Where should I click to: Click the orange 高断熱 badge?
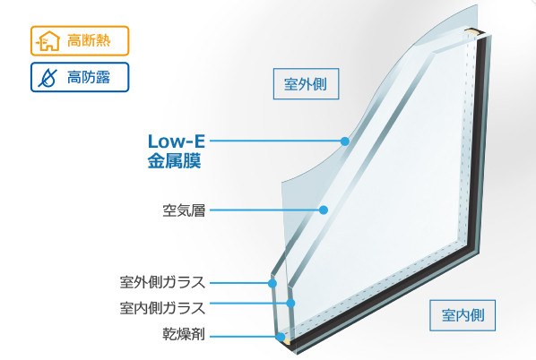(x=80, y=40)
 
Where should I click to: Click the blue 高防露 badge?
(x=80, y=77)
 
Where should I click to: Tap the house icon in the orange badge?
(x=48, y=41)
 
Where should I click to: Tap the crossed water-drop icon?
(x=48, y=78)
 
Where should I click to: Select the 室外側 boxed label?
(x=306, y=84)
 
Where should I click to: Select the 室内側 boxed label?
(x=463, y=315)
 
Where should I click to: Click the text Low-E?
(x=177, y=141)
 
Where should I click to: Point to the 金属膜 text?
(x=175, y=161)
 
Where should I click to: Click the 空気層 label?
(x=184, y=210)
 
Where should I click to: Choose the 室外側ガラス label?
(x=162, y=282)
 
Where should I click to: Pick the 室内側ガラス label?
(x=162, y=308)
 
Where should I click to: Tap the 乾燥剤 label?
(x=184, y=334)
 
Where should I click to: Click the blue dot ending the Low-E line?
(x=345, y=141)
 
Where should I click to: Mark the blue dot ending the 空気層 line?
(x=324, y=210)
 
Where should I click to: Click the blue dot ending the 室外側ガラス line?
(x=272, y=283)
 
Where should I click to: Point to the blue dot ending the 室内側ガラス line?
(x=290, y=303)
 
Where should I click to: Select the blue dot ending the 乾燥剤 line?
(x=281, y=337)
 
